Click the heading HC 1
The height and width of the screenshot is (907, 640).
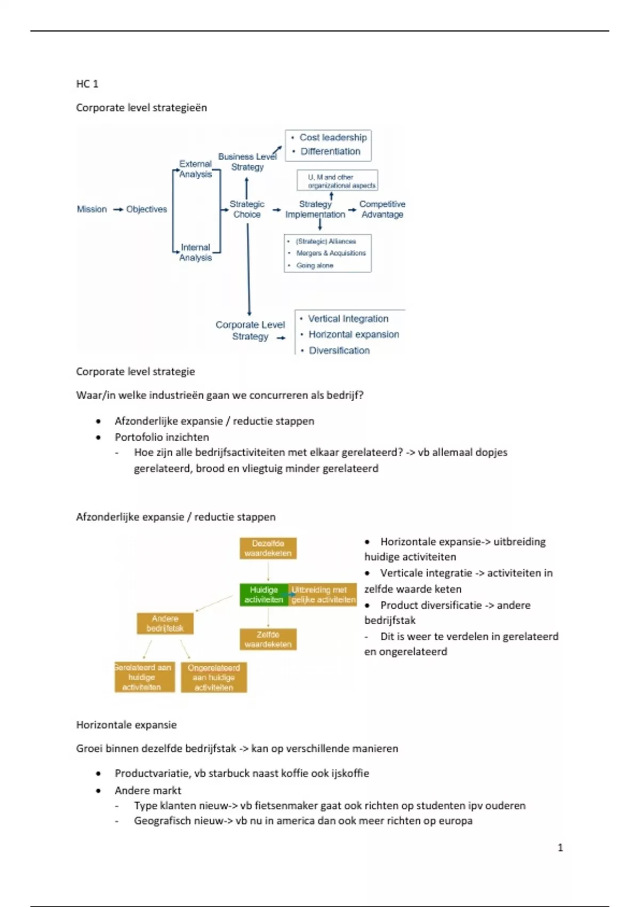click(87, 84)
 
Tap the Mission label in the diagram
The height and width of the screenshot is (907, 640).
click(92, 209)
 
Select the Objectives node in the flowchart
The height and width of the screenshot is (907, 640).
click(147, 209)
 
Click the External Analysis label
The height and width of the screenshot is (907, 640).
click(195, 169)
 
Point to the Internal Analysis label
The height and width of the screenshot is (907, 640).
click(195, 252)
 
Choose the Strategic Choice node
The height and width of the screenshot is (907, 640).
click(247, 209)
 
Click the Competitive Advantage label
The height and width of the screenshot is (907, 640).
click(382, 209)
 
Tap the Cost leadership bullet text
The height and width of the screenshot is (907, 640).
click(333, 138)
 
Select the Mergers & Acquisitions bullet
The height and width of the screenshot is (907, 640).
click(331, 253)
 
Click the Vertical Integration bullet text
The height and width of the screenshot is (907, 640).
click(348, 319)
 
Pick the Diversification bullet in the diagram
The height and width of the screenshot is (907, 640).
click(339, 350)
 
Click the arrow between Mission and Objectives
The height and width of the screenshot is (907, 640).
click(118, 210)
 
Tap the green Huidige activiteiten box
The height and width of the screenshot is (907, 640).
click(264, 595)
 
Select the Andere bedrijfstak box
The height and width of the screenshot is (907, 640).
click(165, 623)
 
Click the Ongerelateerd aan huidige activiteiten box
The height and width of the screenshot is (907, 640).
click(214, 678)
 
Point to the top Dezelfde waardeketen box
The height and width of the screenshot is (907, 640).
click(268, 548)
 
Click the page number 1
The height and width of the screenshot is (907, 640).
click(560, 847)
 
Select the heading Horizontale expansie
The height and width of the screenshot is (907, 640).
click(126, 725)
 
